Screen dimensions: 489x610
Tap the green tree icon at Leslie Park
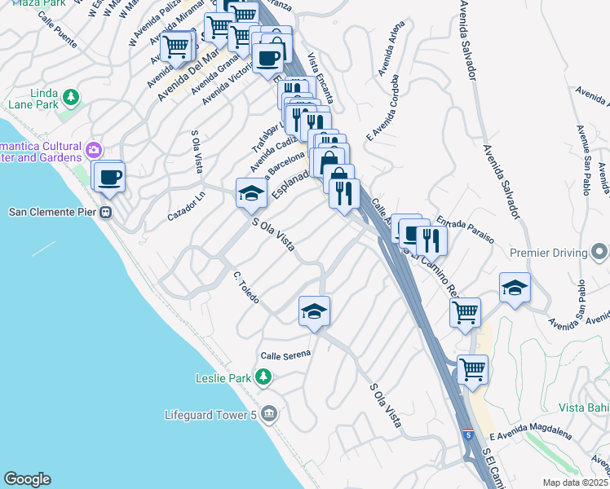tap(263, 377)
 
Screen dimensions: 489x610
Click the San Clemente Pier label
tap(52, 213)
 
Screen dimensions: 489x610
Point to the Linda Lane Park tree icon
tap(71, 98)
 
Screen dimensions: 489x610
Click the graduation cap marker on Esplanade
tap(251, 192)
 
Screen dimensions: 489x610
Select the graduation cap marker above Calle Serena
tap(315, 311)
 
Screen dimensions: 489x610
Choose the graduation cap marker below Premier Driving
tap(515, 288)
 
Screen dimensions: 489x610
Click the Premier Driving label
tap(548, 253)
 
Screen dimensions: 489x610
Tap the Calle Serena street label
tap(287, 355)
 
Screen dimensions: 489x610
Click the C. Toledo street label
tap(245, 289)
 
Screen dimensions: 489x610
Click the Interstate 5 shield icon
tap(468, 434)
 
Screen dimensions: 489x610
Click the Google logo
tap(27, 479)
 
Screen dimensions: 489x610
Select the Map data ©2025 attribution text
tap(575, 482)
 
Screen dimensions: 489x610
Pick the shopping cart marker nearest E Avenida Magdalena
tap(472, 368)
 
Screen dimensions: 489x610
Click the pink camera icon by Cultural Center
tap(94, 149)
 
